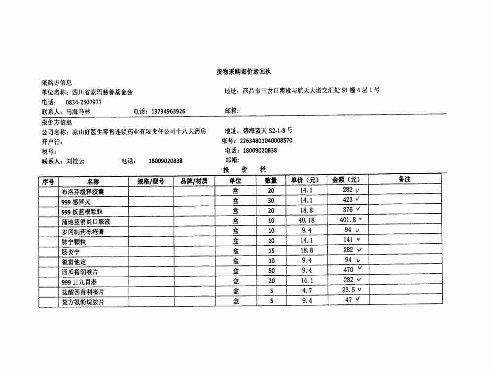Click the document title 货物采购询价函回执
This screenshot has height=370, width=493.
pos(244,72)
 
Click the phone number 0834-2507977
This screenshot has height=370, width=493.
pos(83,102)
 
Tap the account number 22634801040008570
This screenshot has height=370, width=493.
pos(266,141)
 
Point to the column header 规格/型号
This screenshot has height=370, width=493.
pos(150,181)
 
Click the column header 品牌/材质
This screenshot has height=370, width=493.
pos(194,181)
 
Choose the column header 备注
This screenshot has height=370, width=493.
pos(404,180)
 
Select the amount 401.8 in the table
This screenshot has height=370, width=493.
pos(348,221)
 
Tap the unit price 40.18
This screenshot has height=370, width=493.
pos(307,221)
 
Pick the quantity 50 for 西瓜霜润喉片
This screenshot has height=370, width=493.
pos(271,270)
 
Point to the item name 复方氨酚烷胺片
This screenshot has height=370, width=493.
pos(82,301)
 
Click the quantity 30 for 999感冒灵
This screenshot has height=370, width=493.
pos(271,200)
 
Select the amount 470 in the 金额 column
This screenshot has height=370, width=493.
pos(348,270)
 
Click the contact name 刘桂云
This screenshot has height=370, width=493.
pos(76,161)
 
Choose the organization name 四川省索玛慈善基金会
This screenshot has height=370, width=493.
pos(102,92)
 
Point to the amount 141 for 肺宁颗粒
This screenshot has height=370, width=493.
pos(349,240)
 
